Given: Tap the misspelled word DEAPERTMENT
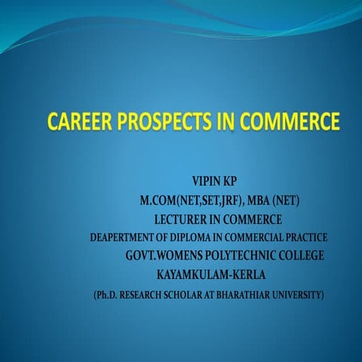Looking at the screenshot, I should [x=124, y=238].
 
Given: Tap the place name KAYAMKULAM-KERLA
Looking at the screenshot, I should [x=211, y=274].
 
